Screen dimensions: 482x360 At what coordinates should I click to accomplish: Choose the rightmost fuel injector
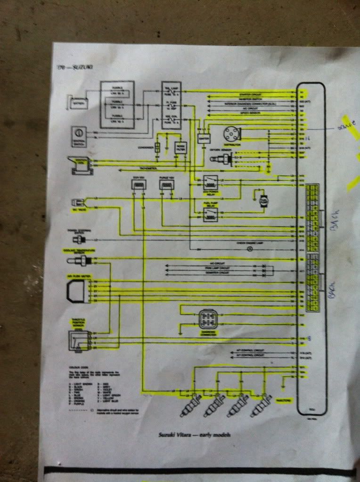pos(260,405)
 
